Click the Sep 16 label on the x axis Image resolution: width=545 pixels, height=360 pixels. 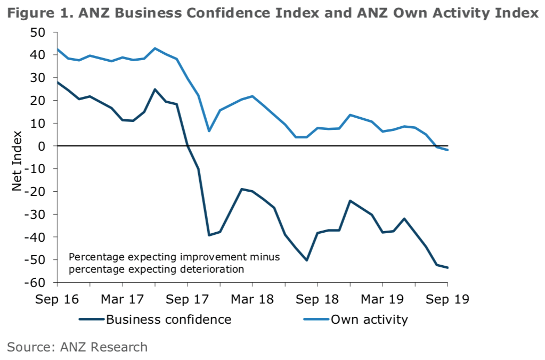pyautogui.click(x=57, y=299)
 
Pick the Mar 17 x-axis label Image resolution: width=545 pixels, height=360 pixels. pyautogui.click(x=122, y=299)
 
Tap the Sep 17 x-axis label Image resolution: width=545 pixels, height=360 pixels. pyautogui.click(x=187, y=299)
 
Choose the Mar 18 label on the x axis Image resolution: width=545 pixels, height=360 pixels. pyautogui.click(x=252, y=299)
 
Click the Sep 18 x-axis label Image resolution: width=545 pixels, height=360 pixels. pyautogui.click(x=317, y=299)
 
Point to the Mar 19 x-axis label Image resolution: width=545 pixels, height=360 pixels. pyautogui.click(x=382, y=299)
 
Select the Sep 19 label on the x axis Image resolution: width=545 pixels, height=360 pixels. pyautogui.click(x=447, y=299)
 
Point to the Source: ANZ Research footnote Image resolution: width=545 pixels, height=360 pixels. pyautogui.click(x=77, y=347)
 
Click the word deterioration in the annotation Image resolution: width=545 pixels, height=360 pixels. pyautogui.click(x=208, y=269)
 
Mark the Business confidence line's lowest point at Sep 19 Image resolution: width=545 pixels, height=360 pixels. pyautogui.click(x=447, y=267)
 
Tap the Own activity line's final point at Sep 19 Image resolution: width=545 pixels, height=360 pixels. pyautogui.click(x=447, y=150)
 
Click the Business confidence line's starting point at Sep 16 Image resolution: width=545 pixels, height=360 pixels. pyautogui.click(x=57, y=82)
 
